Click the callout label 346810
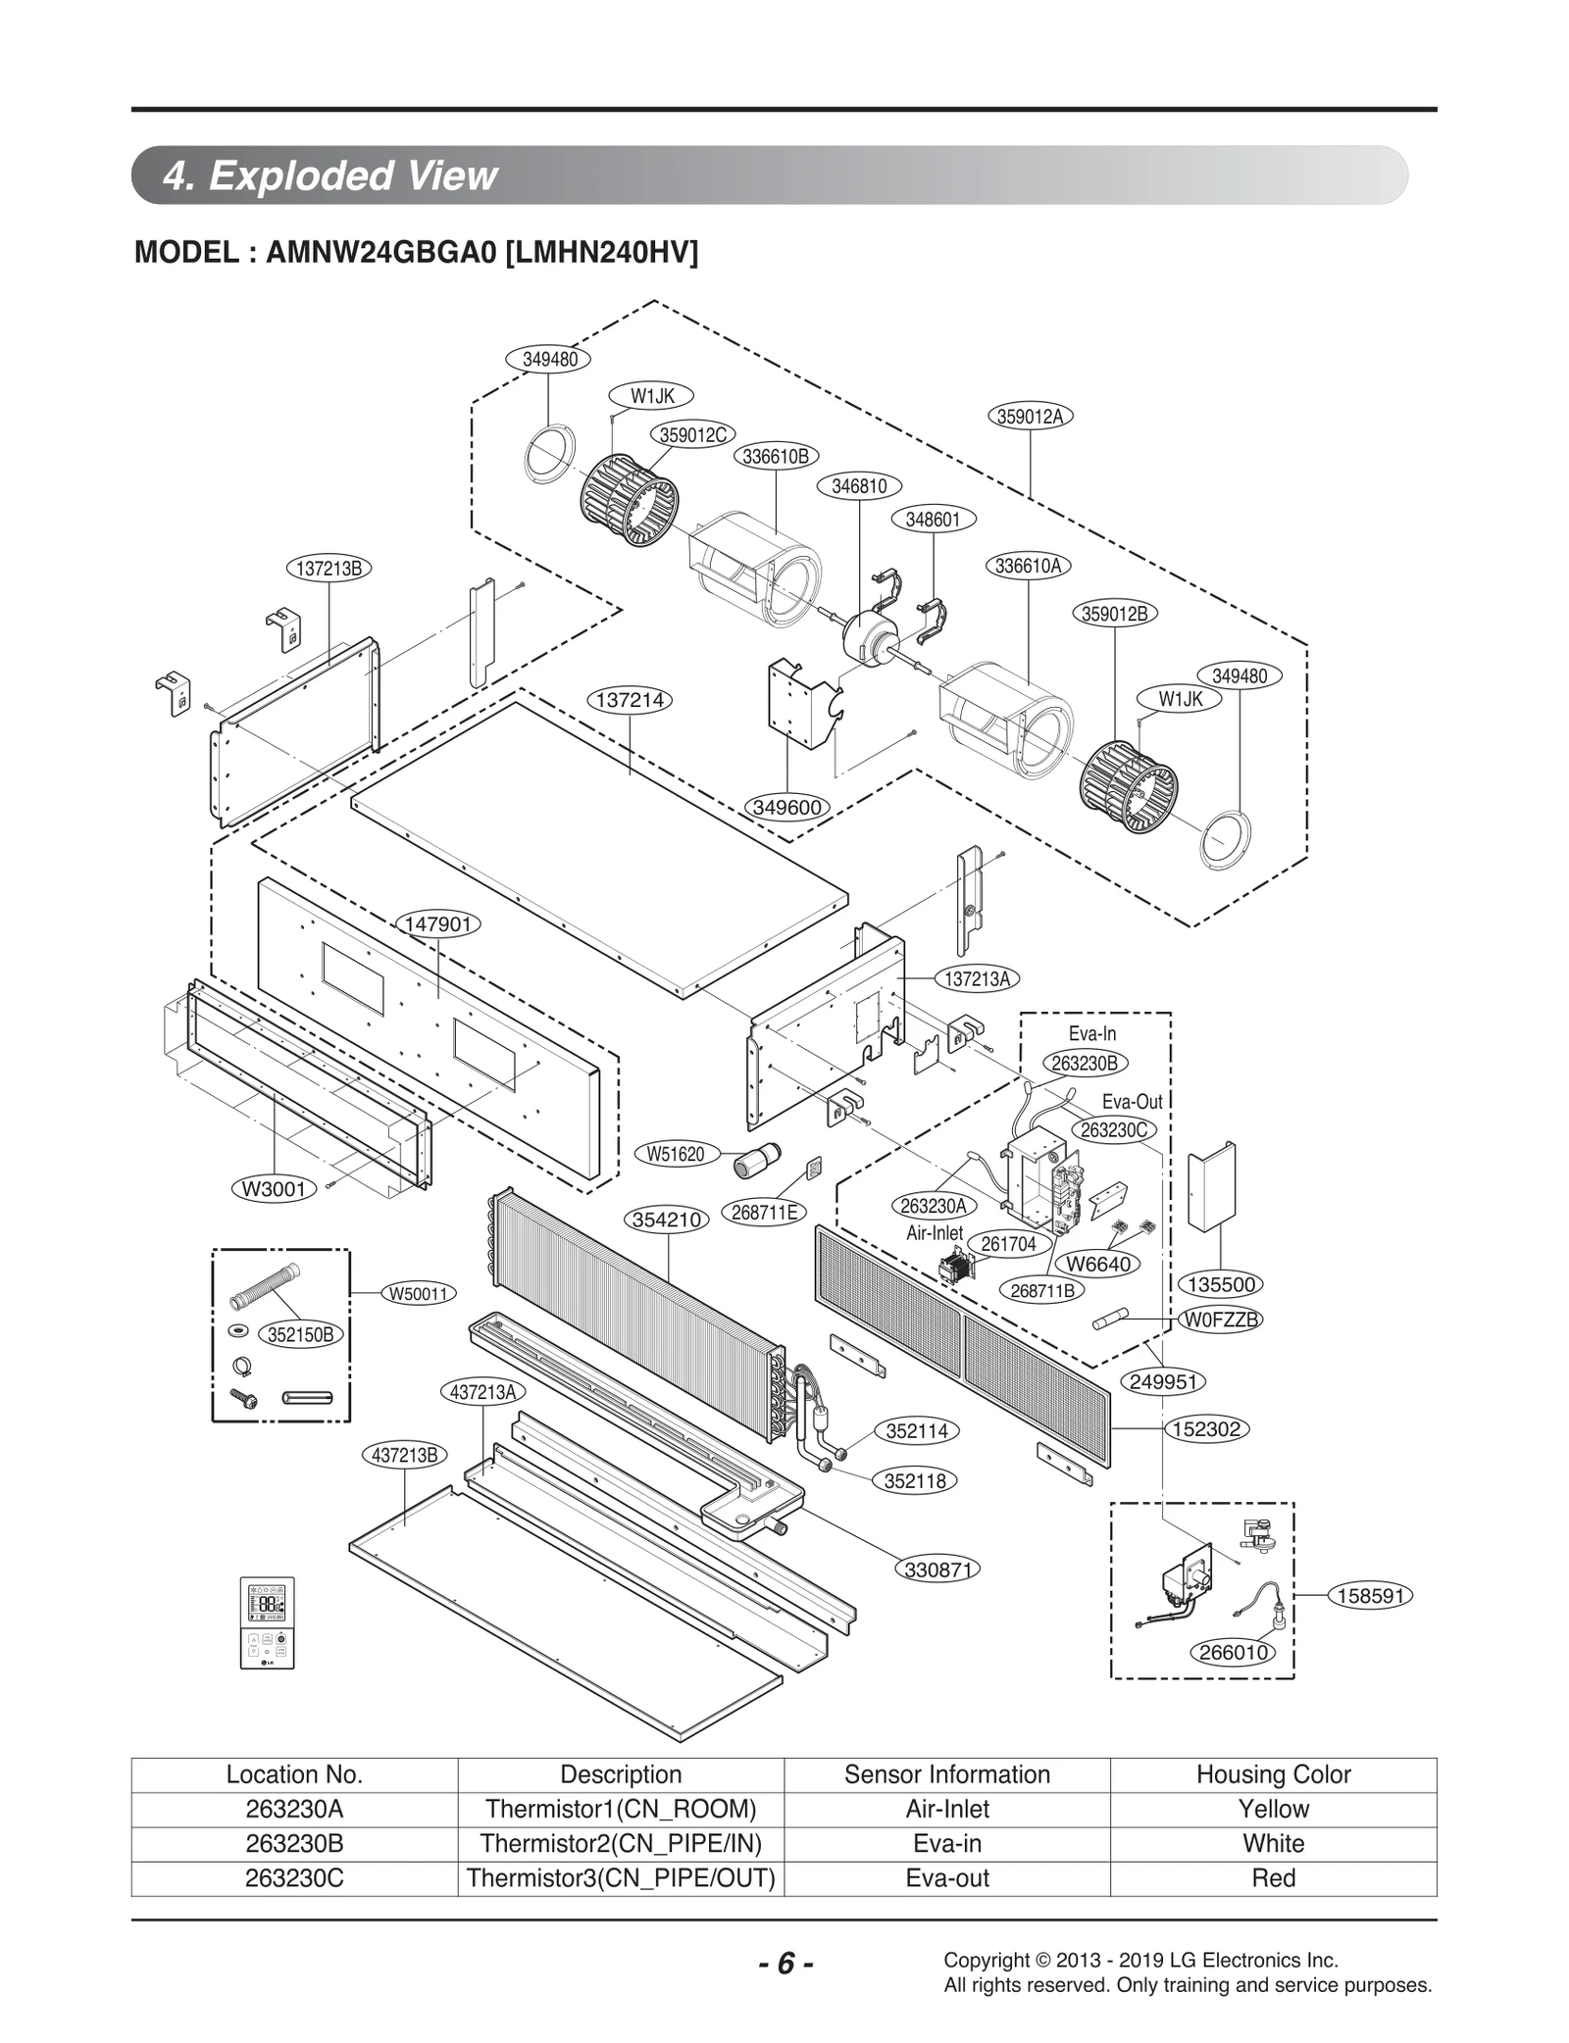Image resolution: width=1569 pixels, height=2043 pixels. click(859, 486)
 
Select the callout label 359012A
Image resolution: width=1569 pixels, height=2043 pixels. click(1030, 416)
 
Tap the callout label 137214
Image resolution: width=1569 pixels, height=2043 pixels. click(631, 700)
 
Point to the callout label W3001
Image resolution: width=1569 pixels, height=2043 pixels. click(274, 1189)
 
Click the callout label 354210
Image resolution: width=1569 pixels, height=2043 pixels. click(667, 1220)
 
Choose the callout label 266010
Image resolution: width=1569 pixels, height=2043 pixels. click(1234, 1652)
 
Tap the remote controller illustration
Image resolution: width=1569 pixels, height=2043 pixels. click(267, 1622)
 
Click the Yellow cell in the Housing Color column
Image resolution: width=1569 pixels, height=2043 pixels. click(1273, 1809)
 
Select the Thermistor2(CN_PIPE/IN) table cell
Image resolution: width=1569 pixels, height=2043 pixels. click(621, 1843)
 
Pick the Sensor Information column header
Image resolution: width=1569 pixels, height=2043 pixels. click(946, 1774)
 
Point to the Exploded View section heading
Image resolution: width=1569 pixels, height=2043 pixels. click(330, 175)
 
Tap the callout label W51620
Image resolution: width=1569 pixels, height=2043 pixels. click(676, 1154)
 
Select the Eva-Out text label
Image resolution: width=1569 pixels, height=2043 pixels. click(1132, 1101)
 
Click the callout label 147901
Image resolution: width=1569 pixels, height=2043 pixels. click(438, 923)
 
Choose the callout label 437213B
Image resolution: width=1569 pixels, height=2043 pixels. click(405, 1455)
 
